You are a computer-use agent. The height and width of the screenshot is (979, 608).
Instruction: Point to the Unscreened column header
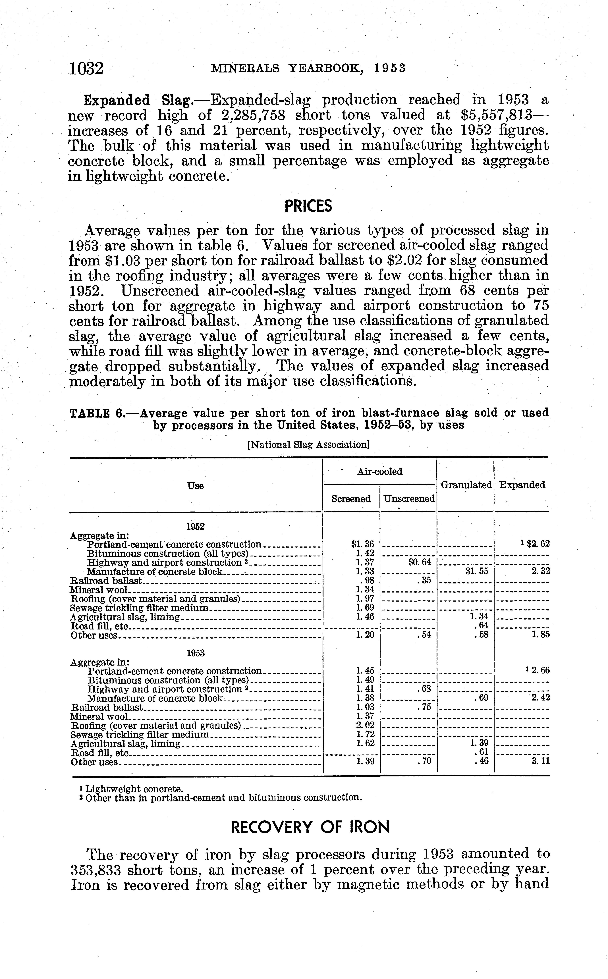(408, 499)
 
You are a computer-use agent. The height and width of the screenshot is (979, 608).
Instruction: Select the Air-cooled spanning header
(380, 472)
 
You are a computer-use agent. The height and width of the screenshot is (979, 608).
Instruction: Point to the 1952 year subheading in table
(196, 526)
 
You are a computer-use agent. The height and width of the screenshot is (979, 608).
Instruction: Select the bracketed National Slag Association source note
(308, 445)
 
